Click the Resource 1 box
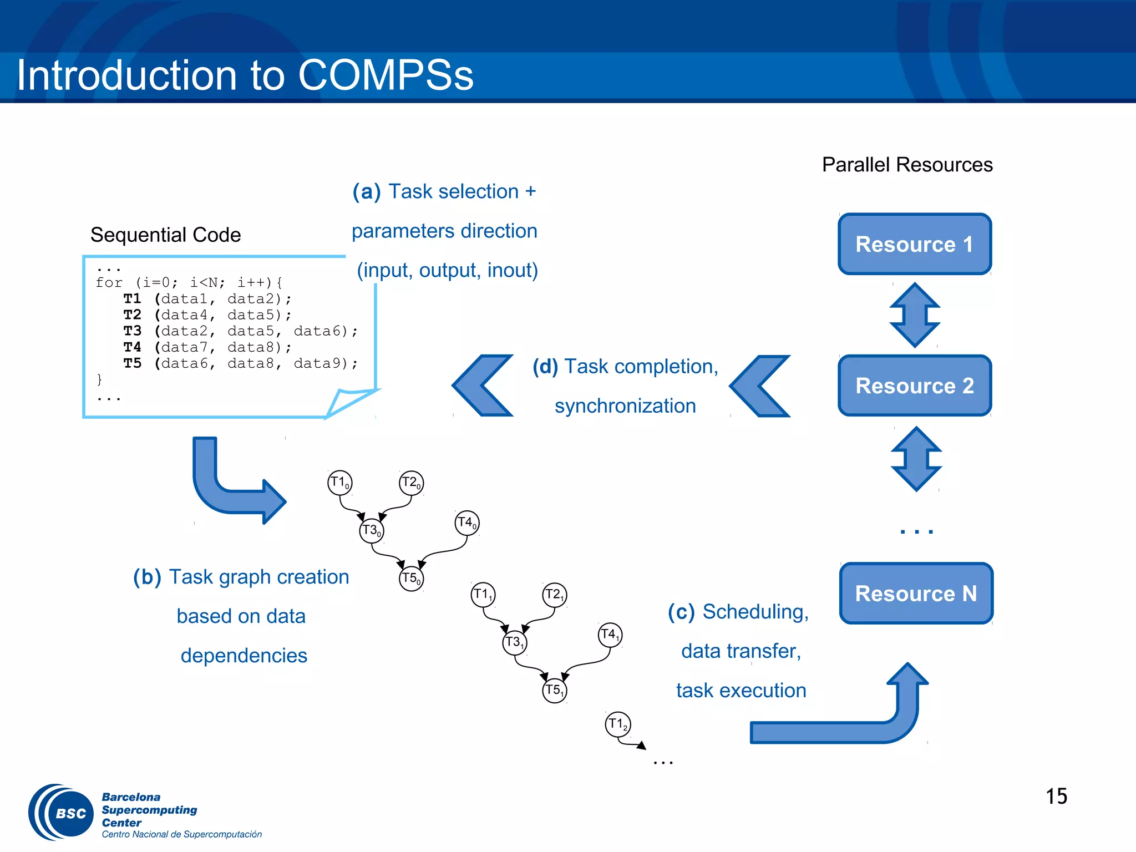tap(914, 244)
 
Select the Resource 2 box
tap(914, 386)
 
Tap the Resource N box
tap(916, 593)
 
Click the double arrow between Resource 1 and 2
tap(915, 315)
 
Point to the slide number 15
tap(1056, 796)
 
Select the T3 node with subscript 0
tap(371, 531)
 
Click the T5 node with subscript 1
tap(554, 691)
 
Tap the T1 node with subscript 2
tap(617, 724)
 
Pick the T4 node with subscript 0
tap(466, 523)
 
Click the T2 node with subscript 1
tap(554, 595)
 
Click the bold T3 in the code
tap(132, 331)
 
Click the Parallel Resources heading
tap(907, 165)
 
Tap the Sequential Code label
tap(165, 235)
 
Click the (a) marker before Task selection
tap(367, 192)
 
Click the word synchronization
tap(625, 405)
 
